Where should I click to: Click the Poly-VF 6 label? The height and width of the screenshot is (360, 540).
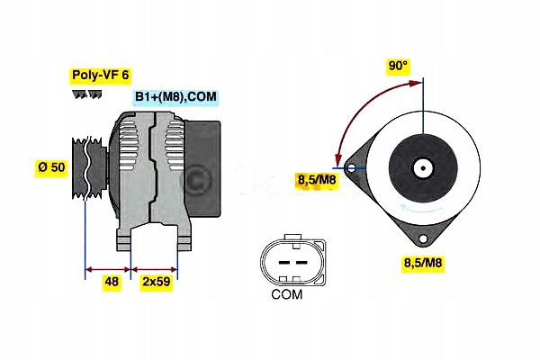(100, 75)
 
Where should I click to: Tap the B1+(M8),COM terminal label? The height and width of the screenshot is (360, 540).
(175, 96)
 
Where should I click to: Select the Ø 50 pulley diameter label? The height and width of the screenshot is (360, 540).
(51, 167)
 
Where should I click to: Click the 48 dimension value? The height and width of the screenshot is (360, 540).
(112, 282)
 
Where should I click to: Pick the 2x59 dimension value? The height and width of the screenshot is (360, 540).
(157, 282)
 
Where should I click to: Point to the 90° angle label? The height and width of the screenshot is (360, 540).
(398, 66)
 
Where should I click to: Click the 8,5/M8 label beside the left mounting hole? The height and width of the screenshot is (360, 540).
(316, 179)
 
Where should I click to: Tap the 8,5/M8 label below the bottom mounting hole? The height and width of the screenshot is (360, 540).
(423, 263)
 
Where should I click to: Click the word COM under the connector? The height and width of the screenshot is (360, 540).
(287, 294)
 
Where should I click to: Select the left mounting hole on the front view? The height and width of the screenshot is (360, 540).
(352, 168)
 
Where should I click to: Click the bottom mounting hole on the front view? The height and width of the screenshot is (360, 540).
(423, 238)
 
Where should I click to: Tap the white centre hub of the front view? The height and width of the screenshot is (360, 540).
(423, 168)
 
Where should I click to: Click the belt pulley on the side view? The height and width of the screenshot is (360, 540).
(89, 167)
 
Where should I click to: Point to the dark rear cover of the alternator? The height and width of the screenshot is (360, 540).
(202, 169)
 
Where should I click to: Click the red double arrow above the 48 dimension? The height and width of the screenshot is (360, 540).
(108, 269)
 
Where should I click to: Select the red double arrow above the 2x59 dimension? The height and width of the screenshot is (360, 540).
(154, 269)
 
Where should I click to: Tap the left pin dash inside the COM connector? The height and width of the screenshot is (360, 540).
(284, 263)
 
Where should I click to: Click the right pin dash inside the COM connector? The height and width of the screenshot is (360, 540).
(301, 263)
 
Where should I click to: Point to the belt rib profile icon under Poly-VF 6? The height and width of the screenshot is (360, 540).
(87, 94)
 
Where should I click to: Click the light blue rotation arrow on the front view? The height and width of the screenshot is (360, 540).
(419, 208)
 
